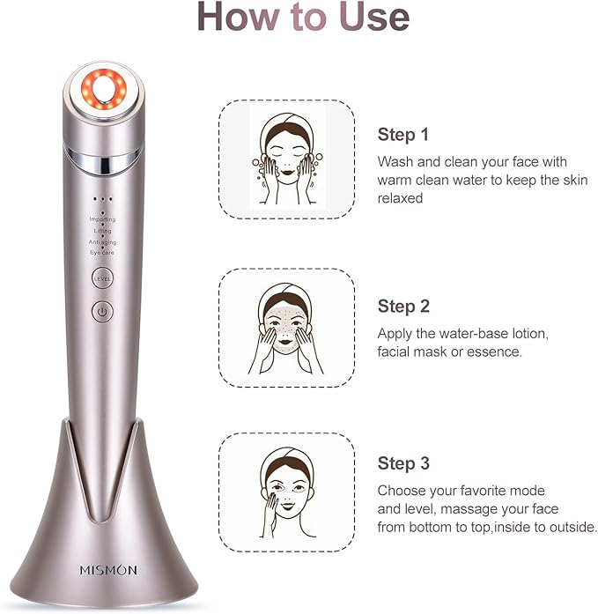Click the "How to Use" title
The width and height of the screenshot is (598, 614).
click(302, 18)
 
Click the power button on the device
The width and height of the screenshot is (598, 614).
click(102, 311)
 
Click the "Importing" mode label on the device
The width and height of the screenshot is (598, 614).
click(102, 218)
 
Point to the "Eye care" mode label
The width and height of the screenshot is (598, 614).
click(102, 253)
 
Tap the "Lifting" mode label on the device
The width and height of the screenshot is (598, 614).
click(102, 230)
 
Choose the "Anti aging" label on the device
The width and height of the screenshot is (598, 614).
click(102, 241)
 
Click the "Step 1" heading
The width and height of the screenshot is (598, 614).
click(403, 135)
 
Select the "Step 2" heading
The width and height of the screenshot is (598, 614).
click(403, 307)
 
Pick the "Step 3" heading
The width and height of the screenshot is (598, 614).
click(403, 464)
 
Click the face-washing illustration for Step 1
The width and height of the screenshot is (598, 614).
click(286, 156)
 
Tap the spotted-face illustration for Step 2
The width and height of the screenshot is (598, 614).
click(286, 328)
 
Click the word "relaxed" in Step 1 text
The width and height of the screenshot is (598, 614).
click(401, 199)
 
